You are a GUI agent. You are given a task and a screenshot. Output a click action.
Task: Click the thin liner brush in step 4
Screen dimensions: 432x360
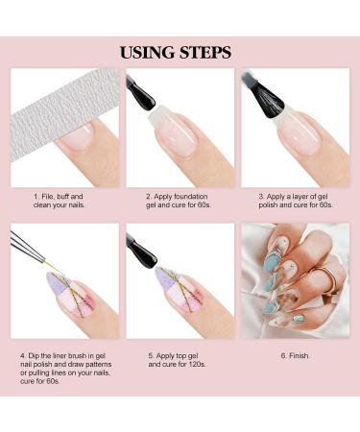(35, 254)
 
